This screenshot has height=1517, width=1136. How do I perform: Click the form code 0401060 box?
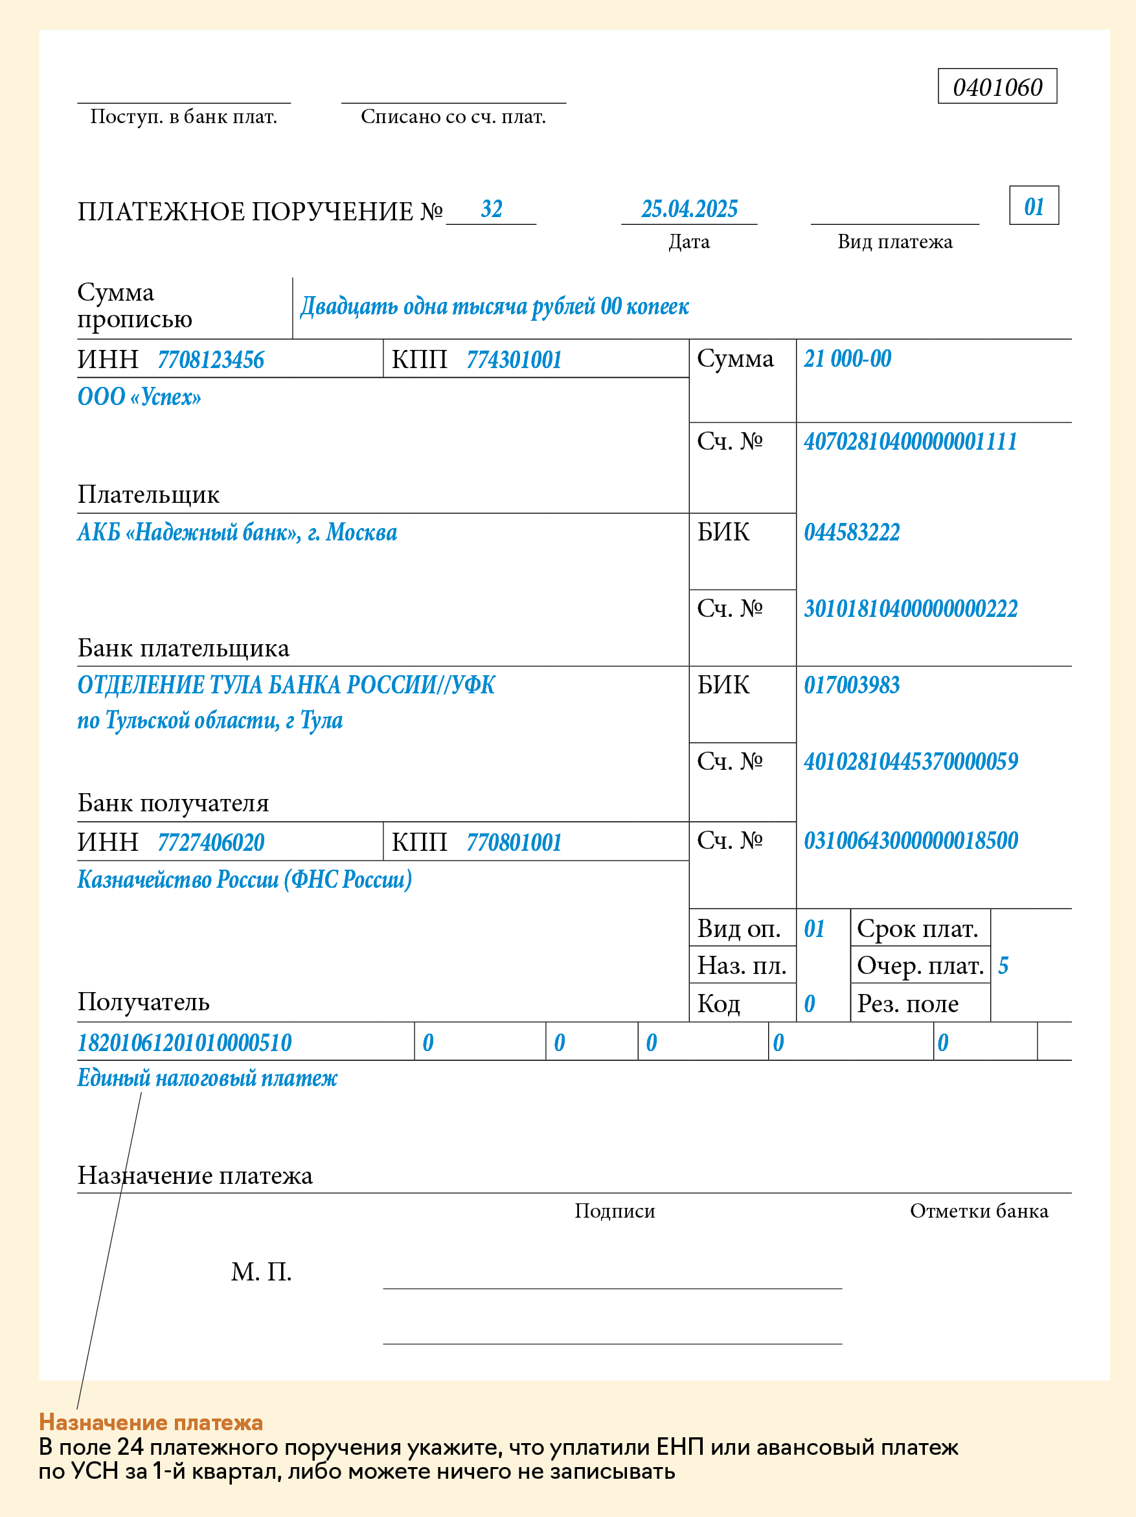tap(997, 87)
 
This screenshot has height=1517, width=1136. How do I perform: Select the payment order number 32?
tap(492, 209)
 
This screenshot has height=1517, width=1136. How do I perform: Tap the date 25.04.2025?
tap(689, 209)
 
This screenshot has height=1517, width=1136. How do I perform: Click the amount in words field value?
tap(494, 307)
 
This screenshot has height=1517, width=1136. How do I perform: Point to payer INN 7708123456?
tap(210, 360)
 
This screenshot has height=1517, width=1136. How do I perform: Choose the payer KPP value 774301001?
tap(514, 360)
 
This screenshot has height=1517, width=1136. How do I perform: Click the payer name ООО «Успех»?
tap(139, 397)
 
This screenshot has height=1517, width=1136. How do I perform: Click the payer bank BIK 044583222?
tap(852, 532)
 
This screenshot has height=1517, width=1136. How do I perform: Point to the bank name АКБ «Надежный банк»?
tap(236, 532)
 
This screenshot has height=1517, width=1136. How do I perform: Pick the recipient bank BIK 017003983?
tap(852, 685)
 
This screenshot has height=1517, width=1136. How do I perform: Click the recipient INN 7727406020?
tap(210, 843)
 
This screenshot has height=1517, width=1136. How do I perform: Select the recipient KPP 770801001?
tap(514, 843)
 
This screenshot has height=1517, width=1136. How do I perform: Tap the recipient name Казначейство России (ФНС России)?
tap(244, 880)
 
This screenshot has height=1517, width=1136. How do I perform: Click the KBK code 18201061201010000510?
tap(185, 1043)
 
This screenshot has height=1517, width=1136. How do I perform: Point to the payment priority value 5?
tap(1003, 966)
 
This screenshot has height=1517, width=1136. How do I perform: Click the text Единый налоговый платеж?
tap(207, 1078)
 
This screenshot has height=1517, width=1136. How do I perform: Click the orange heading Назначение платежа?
tap(151, 1422)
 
